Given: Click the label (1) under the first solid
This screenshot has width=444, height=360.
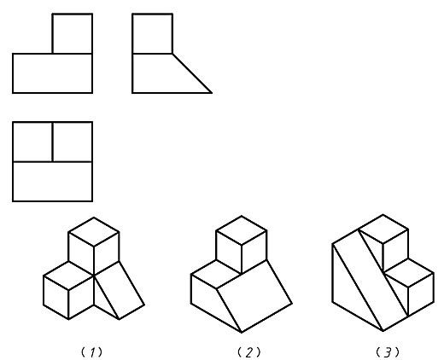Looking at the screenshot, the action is click(91, 352).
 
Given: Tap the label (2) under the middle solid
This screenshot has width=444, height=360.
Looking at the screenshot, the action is click(249, 352).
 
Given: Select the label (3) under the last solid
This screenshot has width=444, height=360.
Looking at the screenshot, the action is click(388, 352).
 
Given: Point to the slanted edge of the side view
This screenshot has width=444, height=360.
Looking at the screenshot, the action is click(192, 73).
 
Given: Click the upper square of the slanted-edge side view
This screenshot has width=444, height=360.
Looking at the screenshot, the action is click(153, 33).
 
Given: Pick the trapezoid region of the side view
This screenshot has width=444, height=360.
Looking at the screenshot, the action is click(165, 73).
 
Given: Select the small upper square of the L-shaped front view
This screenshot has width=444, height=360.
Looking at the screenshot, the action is click(73, 33).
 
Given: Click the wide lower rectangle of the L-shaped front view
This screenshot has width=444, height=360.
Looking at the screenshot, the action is click(53, 73).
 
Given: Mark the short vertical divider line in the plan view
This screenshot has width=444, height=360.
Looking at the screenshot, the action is click(53, 142).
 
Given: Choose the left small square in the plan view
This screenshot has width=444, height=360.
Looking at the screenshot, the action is click(32, 142).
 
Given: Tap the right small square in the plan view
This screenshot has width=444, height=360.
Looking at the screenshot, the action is click(73, 142).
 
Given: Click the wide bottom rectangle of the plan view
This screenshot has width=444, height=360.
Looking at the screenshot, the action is click(53, 182).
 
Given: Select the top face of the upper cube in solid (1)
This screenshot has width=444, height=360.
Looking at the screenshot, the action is click(94, 232).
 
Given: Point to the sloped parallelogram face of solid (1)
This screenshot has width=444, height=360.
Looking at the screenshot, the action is click(120, 290).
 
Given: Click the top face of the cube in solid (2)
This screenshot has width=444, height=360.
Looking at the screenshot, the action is click(242, 230).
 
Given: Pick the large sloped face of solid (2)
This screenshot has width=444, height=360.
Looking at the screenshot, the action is click(254, 296).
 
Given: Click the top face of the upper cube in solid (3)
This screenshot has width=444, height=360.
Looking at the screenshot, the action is click(383, 229).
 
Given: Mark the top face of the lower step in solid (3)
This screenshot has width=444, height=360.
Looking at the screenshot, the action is click(409, 273).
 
